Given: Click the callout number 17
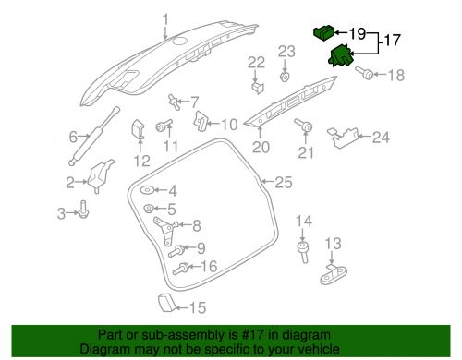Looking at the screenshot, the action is point(392,41).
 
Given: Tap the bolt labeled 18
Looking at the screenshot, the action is point(364,73).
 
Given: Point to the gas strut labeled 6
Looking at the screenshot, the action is point(94,136).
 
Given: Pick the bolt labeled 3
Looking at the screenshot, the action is point(83,210).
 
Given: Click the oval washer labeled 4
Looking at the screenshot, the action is point(147,190).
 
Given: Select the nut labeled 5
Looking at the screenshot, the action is point(149,209).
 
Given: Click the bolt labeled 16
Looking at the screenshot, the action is point(180,269).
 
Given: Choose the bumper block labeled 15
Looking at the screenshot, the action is point(167,303).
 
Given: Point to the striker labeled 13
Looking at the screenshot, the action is point(334,274).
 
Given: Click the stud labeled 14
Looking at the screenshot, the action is point(303,252).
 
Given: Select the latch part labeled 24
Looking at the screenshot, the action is point(343,138).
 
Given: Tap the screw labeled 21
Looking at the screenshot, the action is point(303,125).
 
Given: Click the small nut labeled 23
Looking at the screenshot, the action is point(285,77).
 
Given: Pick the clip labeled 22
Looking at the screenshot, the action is point(258,87).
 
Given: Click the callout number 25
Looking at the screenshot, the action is point(284,182).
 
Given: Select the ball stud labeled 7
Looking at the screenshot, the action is point(175,102).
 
